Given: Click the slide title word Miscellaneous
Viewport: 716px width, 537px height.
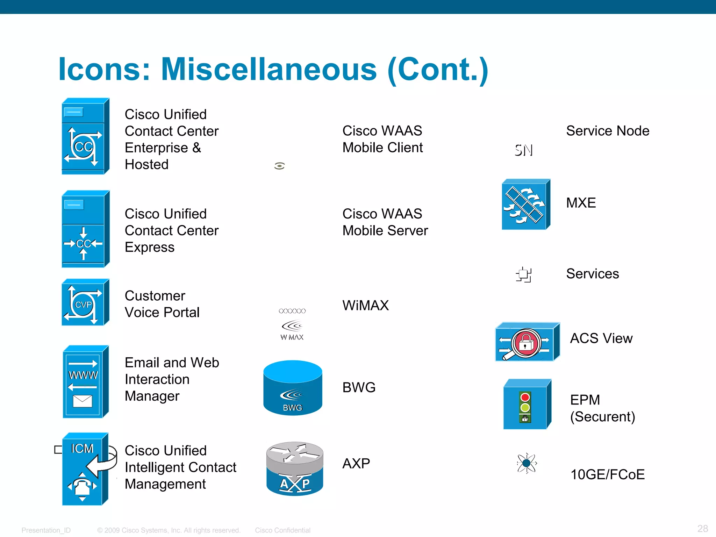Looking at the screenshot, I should (268, 69).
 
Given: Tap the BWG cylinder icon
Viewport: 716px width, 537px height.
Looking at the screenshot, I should (293, 388).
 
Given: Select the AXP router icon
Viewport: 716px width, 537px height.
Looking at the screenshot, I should (294, 468).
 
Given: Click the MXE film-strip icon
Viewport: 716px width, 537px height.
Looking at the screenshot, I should (525, 205).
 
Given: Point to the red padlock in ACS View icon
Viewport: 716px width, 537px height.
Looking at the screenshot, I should (525, 343).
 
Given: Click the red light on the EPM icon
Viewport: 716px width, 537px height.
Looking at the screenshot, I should (525, 397).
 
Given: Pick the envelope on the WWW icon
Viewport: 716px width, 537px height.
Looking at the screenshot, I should (83, 401).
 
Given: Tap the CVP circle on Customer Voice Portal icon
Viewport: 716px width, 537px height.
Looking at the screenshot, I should (83, 305).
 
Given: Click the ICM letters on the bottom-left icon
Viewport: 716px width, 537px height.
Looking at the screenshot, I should (82, 448).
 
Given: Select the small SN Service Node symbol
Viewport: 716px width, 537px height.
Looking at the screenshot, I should (523, 150).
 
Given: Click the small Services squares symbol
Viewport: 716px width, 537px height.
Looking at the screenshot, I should (523, 274).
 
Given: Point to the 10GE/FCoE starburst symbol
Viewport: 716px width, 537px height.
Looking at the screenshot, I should (526, 464).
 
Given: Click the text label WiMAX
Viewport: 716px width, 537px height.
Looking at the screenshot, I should (365, 305).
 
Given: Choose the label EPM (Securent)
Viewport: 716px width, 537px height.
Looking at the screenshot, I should (602, 408).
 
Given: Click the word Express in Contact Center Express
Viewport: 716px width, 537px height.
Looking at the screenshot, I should (150, 247).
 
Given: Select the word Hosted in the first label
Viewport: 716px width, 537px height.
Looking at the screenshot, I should (146, 164).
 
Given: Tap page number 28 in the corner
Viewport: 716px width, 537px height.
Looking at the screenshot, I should (702, 528).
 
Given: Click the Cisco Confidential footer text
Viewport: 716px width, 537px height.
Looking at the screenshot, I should (282, 530).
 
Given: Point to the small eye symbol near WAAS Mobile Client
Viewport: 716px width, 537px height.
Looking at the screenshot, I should (279, 166).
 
